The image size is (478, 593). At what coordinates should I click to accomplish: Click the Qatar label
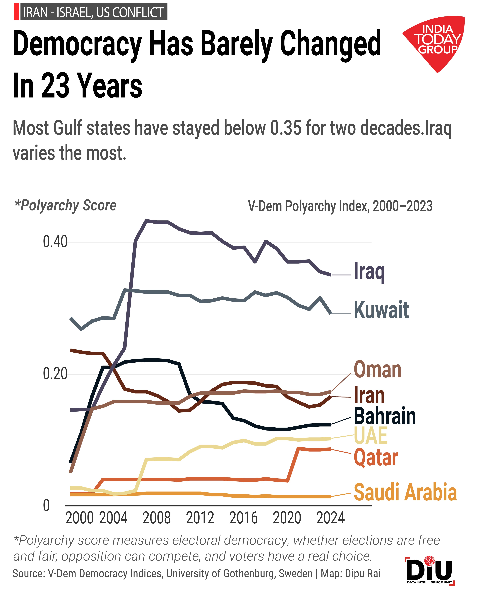[376, 458]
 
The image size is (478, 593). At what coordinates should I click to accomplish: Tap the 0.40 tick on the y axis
[55, 242]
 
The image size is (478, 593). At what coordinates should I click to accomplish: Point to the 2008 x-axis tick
[156, 518]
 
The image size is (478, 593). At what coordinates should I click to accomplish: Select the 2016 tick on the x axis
[243, 518]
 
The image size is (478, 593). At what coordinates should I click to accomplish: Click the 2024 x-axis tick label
[330, 518]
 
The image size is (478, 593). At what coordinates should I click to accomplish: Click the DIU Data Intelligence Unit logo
[430, 570]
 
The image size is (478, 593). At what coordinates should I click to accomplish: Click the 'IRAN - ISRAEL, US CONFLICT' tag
[93, 12]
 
